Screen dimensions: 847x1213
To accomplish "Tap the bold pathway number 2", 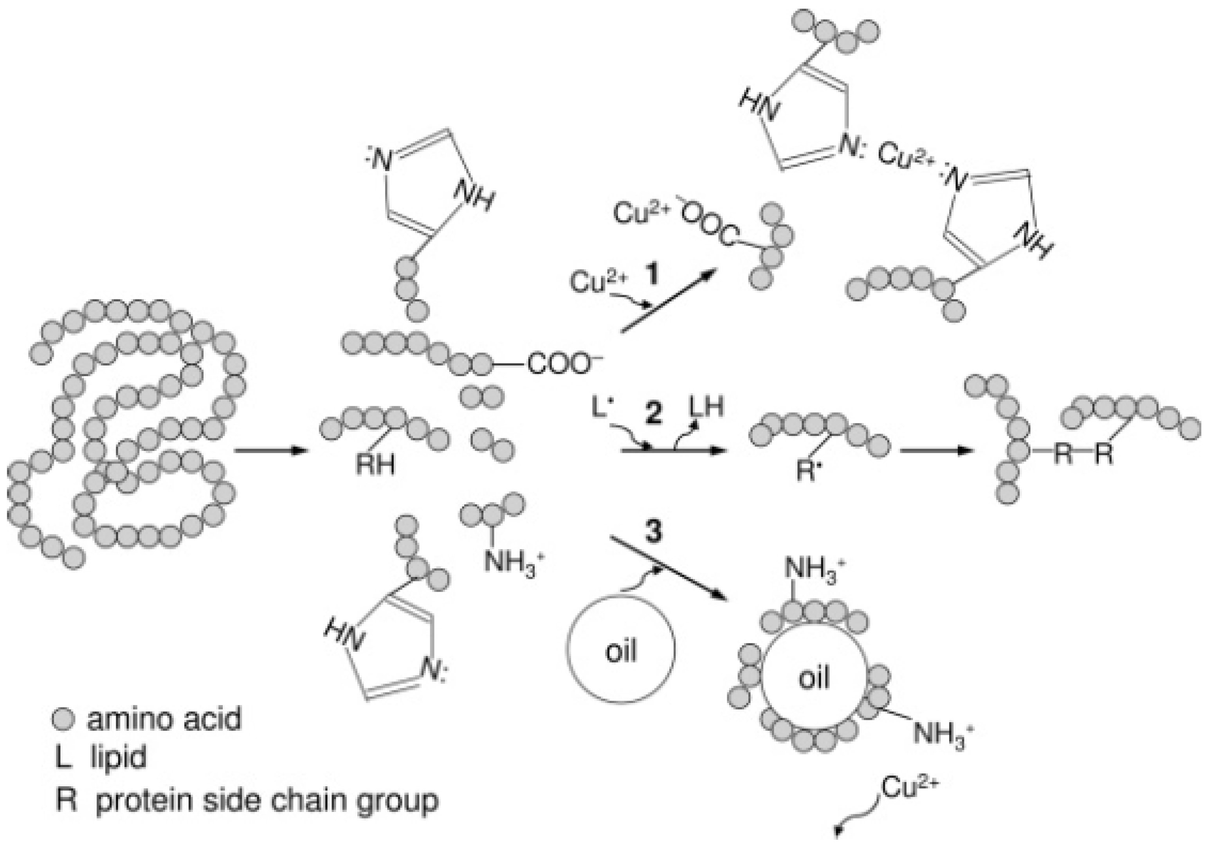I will pos(654,414).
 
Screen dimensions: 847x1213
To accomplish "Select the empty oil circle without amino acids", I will pos(621,650).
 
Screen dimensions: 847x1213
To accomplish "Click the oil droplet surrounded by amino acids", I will pos(814,678).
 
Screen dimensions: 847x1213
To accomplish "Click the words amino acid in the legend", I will pos(164,719).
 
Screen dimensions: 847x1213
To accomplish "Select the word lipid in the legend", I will pos(118,757).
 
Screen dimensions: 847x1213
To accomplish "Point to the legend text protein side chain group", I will pos(267,800).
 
